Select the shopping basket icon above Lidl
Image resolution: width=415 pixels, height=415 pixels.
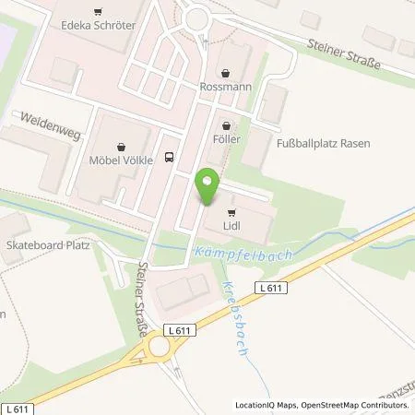pyautogui.click(x=231, y=211)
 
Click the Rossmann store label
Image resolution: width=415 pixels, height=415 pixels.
pyautogui.click(x=226, y=89)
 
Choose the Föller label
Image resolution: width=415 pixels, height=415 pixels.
pyautogui.click(x=226, y=139)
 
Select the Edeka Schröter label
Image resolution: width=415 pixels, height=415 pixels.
pyautogui.click(x=98, y=25)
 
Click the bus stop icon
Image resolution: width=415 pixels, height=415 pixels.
pyautogui.click(x=168, y=157)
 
